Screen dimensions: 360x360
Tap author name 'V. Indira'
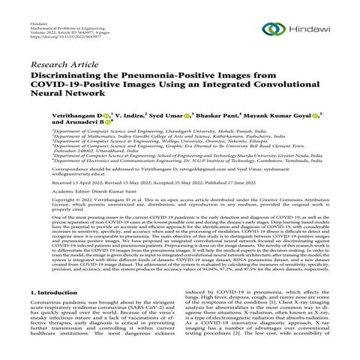131,116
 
